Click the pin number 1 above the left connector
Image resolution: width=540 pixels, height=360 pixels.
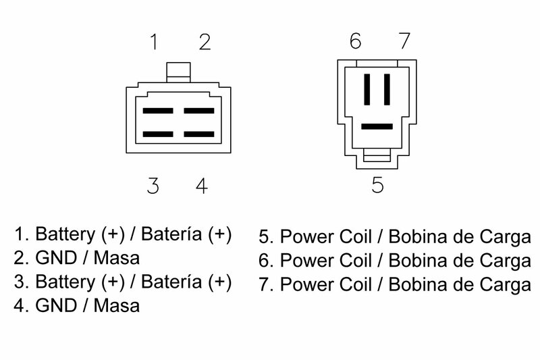coord(154,42)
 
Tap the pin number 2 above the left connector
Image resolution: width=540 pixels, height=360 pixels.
coord(205,42)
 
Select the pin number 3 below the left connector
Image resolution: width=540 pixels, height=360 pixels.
coord(153,186)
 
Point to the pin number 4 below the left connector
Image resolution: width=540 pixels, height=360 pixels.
coord(201,186)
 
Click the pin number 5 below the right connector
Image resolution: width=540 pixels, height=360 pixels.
coord(377,184)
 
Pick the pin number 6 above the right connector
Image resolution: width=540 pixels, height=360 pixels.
coord(356,41)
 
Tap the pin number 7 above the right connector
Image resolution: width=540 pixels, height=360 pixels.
coord(404,41)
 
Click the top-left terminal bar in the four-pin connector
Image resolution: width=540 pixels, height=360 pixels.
coord(158,111)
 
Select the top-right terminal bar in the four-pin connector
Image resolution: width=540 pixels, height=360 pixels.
coord(199,111)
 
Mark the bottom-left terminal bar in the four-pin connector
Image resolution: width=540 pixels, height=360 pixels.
coord(158,134)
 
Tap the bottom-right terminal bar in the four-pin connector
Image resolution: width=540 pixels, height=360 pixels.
coord(199,134)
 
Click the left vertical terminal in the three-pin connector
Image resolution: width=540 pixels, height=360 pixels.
coord(367,89)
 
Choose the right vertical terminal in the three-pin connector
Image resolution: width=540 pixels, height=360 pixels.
coord(387,89)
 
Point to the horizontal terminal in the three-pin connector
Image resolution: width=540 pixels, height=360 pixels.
coord(377,126)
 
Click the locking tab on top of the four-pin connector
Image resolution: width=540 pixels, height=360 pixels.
coord(178,72)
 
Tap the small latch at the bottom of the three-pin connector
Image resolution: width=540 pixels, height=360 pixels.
coord(377,155)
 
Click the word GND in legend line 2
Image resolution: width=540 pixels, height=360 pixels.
coord(55,258)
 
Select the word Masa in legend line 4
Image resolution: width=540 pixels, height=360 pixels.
coord(117,305)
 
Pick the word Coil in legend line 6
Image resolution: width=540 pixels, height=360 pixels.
coord(356,261)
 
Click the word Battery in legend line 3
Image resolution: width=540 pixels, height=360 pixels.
coord(65,282)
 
